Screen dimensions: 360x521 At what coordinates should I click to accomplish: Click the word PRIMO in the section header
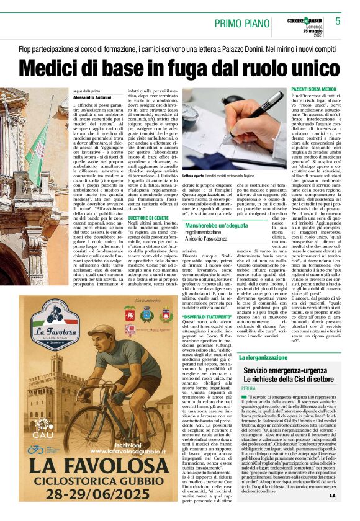[x=230, y=24]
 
